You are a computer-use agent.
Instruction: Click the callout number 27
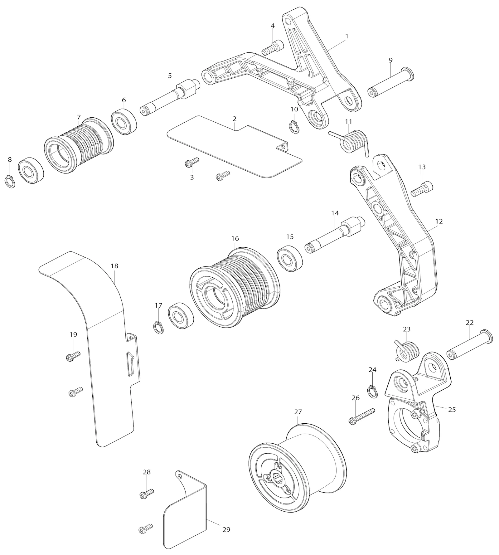(x=298, y=412)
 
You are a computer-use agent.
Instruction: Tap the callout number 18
(x=114, y=266)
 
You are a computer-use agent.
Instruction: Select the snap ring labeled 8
(x=11, y=182)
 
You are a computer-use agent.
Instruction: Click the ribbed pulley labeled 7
(x=79, y=145)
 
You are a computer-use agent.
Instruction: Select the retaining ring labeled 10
(x=293, y=127)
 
